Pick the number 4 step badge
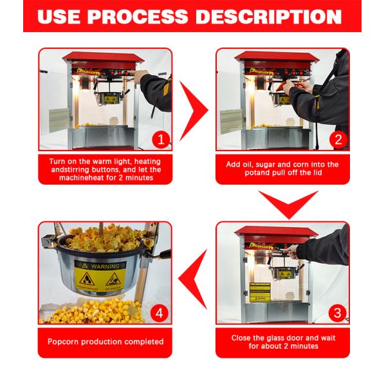161,313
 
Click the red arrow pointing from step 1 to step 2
193,111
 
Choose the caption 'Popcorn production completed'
106,342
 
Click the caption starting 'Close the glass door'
282,342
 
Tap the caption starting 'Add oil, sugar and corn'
282,169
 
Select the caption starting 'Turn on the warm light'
106,169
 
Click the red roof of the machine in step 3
277,232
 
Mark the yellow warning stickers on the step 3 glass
259,291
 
